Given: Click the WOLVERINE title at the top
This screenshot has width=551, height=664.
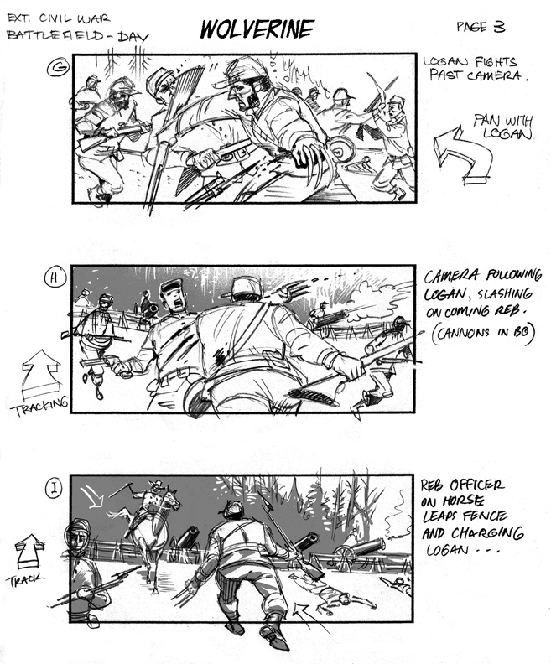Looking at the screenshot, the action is pos(257,29).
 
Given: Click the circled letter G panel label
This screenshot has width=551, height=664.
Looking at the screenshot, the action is pos(58,68).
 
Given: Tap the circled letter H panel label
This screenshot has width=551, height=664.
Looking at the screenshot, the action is pos(55,278).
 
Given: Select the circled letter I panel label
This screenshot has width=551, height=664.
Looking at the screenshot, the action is pos(54,488).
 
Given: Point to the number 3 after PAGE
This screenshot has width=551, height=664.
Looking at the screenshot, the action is pos(499,27).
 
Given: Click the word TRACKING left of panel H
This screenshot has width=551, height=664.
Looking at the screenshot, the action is pos(39,407).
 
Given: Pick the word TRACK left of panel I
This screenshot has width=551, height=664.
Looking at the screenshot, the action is pos(25,579).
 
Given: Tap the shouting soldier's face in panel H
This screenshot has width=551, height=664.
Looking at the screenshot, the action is pos(175,298).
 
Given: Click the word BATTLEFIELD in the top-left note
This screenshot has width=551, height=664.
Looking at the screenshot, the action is pos(55,35).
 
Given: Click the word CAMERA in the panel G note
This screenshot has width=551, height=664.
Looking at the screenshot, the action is pos(494,76).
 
